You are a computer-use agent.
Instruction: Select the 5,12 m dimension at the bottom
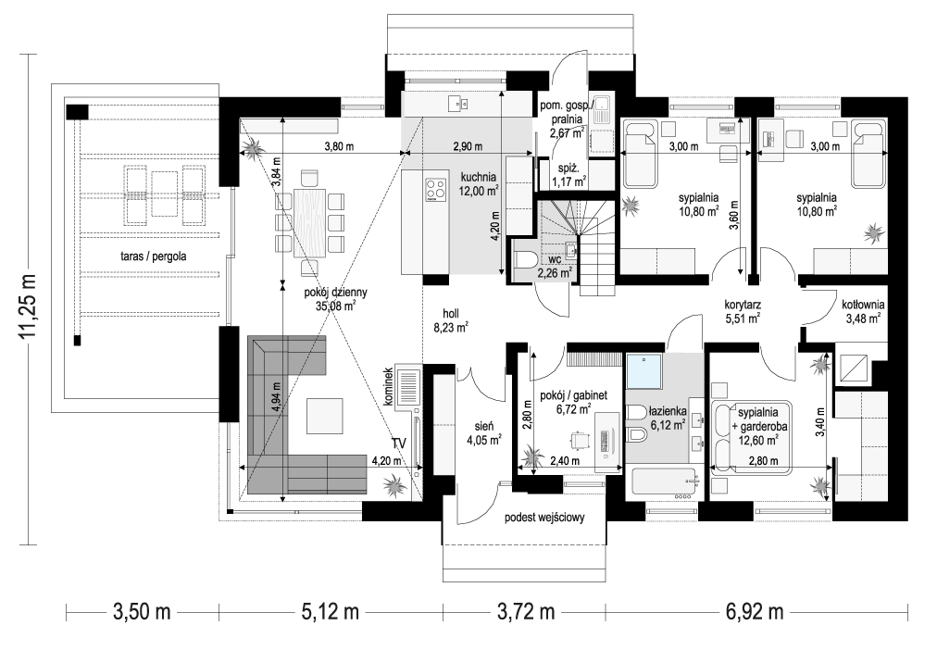[330, 612]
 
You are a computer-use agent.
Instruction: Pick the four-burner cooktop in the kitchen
[435, 190]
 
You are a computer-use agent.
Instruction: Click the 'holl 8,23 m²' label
[450, 319]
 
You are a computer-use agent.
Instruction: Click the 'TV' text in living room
[398, 445]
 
